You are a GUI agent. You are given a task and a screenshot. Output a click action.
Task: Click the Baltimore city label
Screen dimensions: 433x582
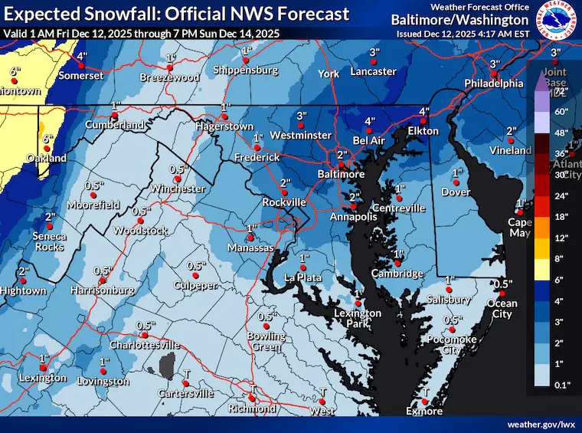(x=342, y=175)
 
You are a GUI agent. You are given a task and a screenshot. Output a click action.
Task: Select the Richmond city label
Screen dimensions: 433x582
(x=252, y=408)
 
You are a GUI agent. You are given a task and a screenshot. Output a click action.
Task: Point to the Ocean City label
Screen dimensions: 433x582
(x=502, y=309)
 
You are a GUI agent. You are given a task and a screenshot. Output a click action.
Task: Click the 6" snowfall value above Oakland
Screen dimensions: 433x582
(x=47, y=139)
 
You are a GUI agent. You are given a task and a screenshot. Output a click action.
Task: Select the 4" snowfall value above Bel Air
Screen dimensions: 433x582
(x=369, y=121)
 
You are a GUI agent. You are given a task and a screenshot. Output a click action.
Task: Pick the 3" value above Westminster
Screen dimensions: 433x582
(x=302, y=116)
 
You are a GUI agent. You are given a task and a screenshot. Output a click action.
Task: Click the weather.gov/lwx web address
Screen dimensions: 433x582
(x=540, y=424)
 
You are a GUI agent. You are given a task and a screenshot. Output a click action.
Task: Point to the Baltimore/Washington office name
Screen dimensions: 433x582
(x=459, y=20)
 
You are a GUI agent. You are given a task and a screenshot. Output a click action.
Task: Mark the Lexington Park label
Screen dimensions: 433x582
(x=357, y=318)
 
